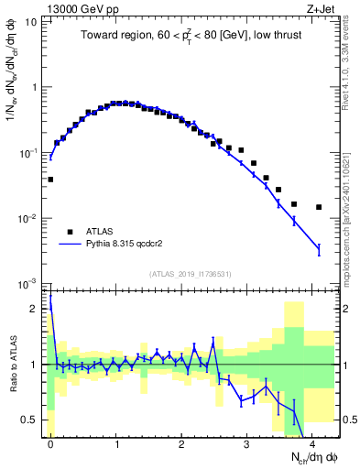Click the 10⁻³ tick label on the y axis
(x=33, y=283)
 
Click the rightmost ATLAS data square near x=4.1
(x=318, y=207)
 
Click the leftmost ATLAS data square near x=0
(x=50, y=180)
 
